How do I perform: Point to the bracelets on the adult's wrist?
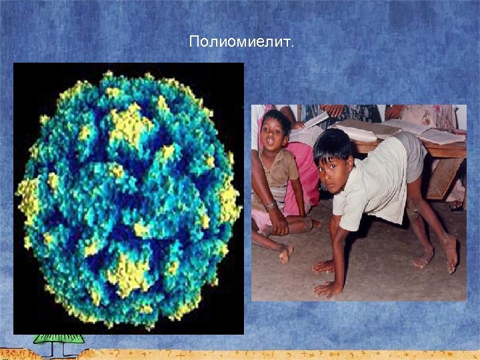270,207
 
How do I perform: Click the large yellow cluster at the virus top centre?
131,123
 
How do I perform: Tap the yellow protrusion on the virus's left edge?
28,196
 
